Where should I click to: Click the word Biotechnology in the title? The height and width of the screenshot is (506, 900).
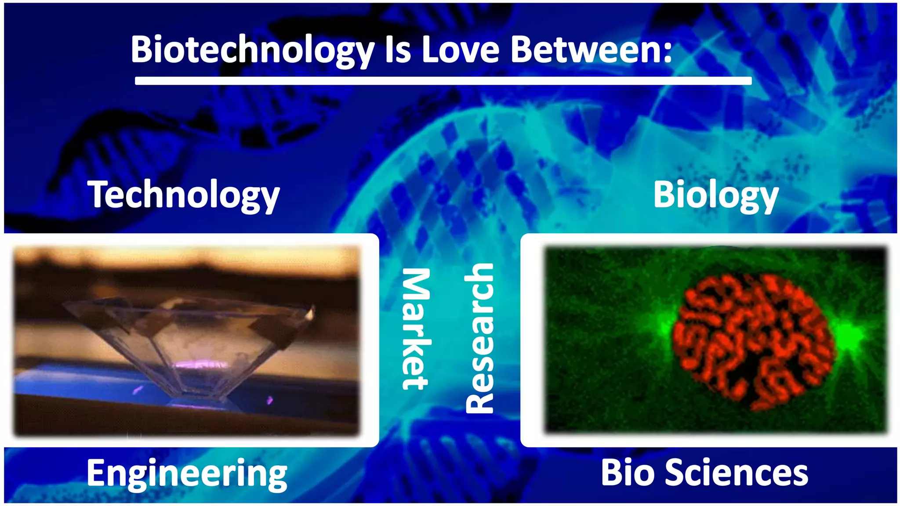tap(252, 50)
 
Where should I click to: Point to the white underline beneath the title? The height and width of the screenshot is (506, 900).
tap(443, 81)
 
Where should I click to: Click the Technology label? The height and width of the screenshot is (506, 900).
tap(184, 195)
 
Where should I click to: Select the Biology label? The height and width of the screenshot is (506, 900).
tap(715, 195)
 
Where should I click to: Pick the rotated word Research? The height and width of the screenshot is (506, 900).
tap(480, 338)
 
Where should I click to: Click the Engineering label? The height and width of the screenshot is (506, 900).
tap(187, 473)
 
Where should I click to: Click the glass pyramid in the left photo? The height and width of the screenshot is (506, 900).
tap(189, 338)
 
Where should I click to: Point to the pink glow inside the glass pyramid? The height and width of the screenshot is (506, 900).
tap(200, 365)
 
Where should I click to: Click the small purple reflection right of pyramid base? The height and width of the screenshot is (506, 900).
tap(270, 400)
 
